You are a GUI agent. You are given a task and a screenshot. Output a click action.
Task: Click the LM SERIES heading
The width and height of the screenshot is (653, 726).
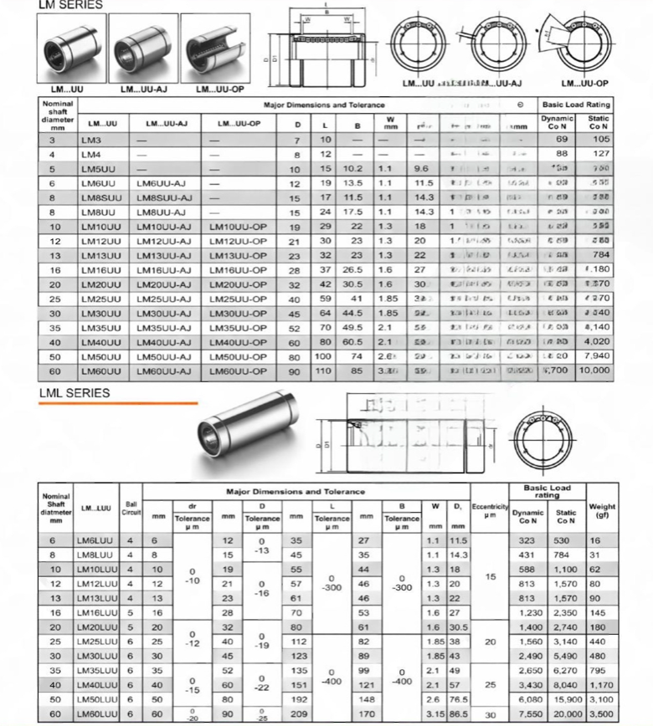tap(70, 5)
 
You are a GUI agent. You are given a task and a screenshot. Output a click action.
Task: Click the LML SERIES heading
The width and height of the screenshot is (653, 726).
tap(74, 392)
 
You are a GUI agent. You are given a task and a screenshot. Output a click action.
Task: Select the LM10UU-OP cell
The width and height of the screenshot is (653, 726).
tap(238, 227)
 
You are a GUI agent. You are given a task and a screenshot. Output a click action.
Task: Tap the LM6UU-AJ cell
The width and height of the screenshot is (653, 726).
tap(162, 183)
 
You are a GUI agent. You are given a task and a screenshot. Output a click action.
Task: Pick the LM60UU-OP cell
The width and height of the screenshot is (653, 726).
tap(238, 371)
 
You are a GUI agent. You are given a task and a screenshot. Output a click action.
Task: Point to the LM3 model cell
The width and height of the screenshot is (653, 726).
tap(91, 139)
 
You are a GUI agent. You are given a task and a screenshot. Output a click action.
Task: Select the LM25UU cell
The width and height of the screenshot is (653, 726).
tap(101, 299)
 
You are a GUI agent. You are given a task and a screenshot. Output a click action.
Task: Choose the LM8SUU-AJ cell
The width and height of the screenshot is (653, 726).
tap(165, 197)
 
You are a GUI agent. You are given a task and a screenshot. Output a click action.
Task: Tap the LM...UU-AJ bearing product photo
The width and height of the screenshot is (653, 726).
tap(145, 52)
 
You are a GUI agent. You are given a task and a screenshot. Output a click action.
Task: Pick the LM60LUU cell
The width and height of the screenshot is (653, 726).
tap(95, 713)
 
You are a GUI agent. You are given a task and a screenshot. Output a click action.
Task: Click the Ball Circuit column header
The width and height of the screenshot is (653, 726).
tap(131, 508)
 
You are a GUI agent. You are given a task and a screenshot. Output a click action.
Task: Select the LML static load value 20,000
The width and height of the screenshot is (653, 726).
tap(566, 713)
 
